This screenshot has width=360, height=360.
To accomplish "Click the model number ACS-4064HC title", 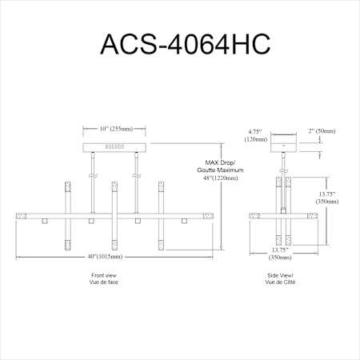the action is click(186, 44).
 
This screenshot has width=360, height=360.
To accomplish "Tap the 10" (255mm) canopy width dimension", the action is click(116, 129).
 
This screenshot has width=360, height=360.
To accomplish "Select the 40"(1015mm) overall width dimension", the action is click(105, 257).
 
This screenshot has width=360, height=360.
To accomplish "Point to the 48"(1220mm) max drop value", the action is click(221, 178).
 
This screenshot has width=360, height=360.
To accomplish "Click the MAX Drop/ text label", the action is click(221, 162).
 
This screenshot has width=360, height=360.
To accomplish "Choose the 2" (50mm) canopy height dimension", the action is click(322, 131).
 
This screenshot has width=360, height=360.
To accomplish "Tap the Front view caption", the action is click(104, 275).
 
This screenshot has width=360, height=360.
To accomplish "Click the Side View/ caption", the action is click(280, 275).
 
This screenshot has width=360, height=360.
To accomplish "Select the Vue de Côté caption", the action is click(280, 282).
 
